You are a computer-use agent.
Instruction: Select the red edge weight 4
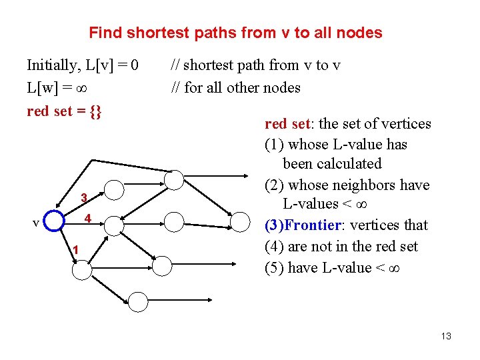[x=87, y=218]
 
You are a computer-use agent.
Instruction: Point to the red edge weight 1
[x=77, y=250]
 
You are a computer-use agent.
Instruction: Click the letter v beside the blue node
[x=36, y=223]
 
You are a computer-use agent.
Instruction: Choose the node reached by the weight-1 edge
[x=83, y=270]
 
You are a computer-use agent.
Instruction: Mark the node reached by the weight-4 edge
[x=115, y=225]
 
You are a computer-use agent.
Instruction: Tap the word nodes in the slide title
[x=360, y=33]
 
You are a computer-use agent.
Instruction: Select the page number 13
[x=446, y=336]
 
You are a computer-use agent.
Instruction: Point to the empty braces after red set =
[x=95, y=111]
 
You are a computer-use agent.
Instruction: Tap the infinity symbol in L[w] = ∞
[x=85, y=88]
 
